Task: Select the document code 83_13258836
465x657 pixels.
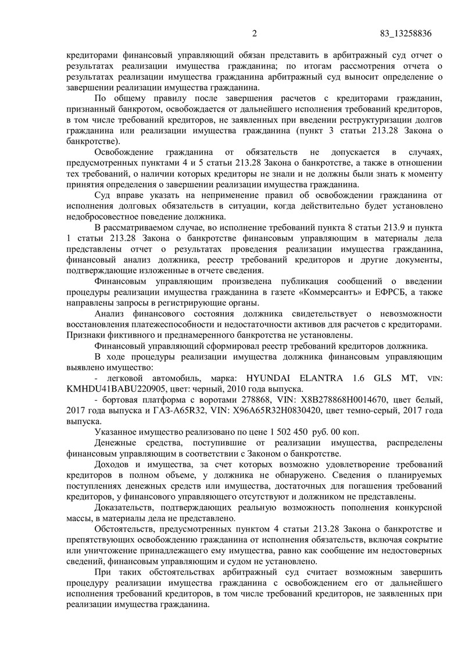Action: coord(405,33)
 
